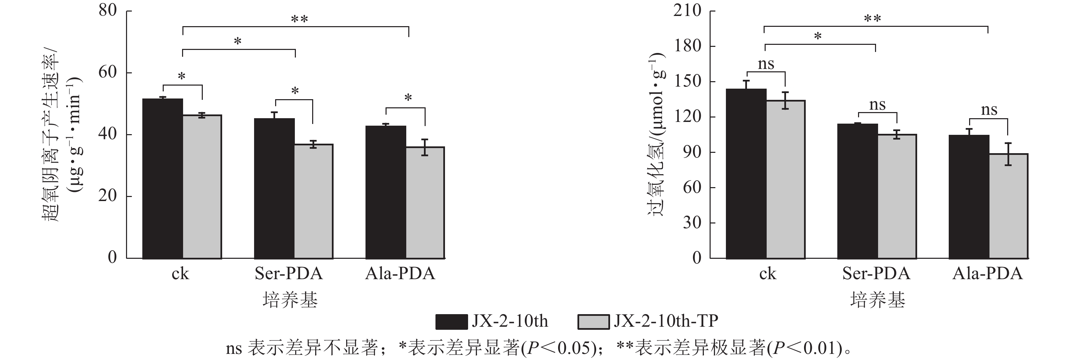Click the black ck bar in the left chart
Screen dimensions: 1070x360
pyautogui.click(x=162, y=179)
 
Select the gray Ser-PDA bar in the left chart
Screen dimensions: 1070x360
pyautogui.click(x=314, y=201)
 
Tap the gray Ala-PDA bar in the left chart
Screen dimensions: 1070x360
pyautogui.click(x=425, y=203)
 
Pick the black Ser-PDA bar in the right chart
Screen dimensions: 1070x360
pyautogui.click(x=858, y=191)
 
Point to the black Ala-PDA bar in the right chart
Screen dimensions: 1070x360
pyautogui.click(x=969, y=197)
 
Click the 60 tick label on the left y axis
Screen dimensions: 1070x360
pyautogui.click(x=108, y=72)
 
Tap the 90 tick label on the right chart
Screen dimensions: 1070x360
pyautogui.click(x=692, y=152)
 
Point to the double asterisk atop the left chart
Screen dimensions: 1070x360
pyautogui.click(x=299, y=19)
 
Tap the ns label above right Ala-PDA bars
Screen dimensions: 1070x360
pyautogui.click(x=989, y=110)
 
